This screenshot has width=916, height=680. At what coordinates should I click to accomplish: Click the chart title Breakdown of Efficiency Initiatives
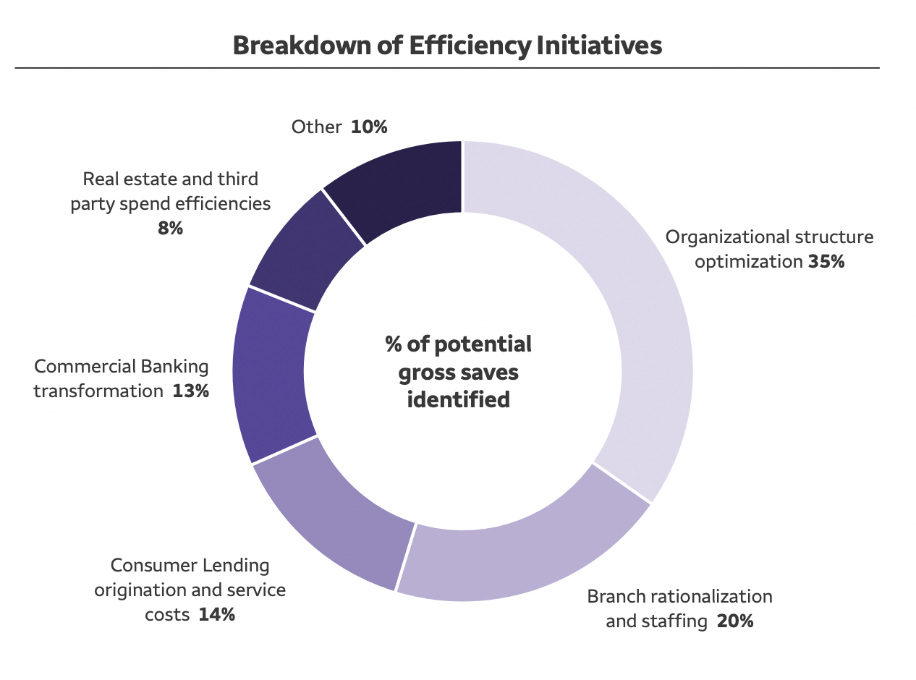tap(447, 46)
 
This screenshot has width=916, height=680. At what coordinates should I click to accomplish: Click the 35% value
tap(826, 262)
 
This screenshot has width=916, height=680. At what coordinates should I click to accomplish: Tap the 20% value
tap(735, 621)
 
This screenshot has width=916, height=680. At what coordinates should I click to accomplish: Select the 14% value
tap(217, 615)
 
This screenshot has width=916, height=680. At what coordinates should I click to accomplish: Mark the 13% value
tap(191, 391)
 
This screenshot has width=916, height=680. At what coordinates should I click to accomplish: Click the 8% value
tap(171, 229)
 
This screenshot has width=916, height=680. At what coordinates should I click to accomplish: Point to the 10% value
tap(370, 127)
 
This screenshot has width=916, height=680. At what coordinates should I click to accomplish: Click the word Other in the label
tap(316, 127)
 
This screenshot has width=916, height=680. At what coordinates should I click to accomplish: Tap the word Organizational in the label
tap(726, 237)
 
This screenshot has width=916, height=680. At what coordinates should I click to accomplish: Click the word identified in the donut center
tap(458, 399)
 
